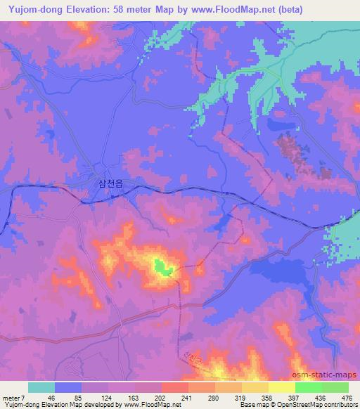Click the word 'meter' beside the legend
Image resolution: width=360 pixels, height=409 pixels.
(11, 397)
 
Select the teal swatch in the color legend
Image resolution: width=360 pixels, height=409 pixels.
(41, 387)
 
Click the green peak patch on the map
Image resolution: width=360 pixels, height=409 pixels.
(161, 266)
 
